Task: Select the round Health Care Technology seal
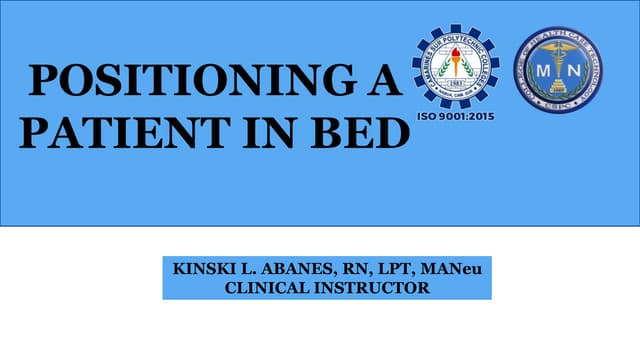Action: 558,69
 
